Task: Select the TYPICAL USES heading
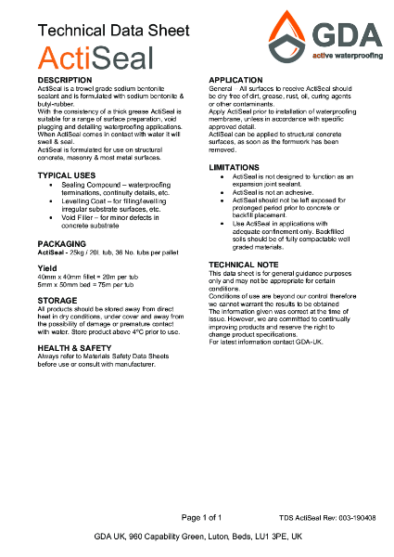pos(67,175)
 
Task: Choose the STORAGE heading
pos(57,301)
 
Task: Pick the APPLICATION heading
pos(241,81)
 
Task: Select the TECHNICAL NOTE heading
pos(250,265)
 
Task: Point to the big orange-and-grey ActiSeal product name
pos(89,58)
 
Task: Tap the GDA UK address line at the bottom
pos(197,537)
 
